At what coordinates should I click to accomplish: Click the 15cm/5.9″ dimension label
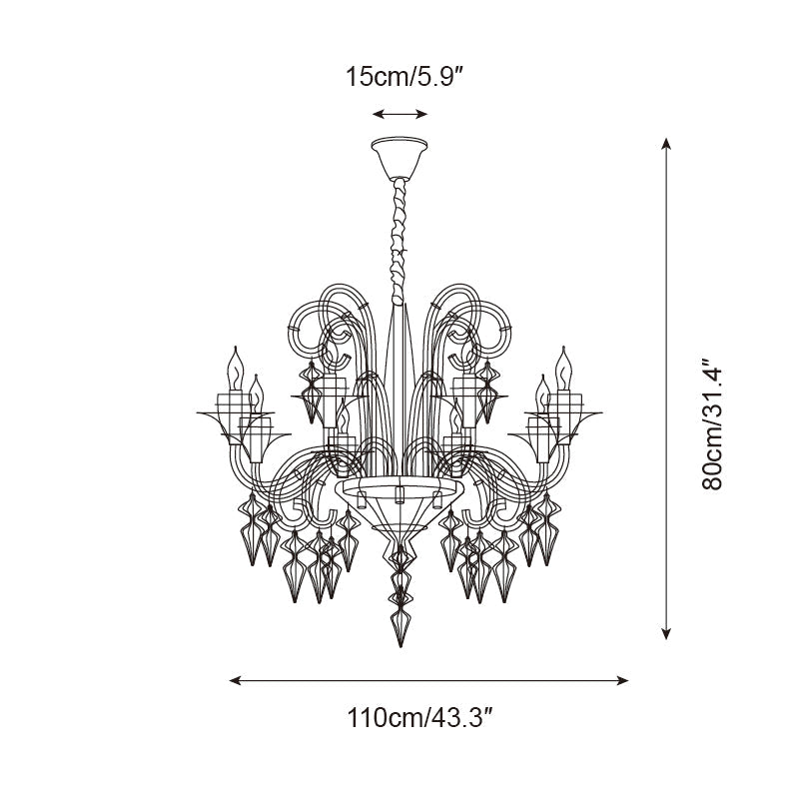point(403,77)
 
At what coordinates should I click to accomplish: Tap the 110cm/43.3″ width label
point(419,718)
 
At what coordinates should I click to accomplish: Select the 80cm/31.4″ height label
point(712,424)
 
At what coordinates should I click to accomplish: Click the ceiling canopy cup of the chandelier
point(400,158)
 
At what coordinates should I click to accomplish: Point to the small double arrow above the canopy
point(400,114)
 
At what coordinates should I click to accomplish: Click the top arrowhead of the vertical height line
point(666,144)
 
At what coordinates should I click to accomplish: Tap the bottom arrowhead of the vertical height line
point(666,633)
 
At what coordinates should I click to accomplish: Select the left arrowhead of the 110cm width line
point(235,680)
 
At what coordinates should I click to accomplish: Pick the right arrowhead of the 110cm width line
point(622,680)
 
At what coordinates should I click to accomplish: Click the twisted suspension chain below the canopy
point(399,242)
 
